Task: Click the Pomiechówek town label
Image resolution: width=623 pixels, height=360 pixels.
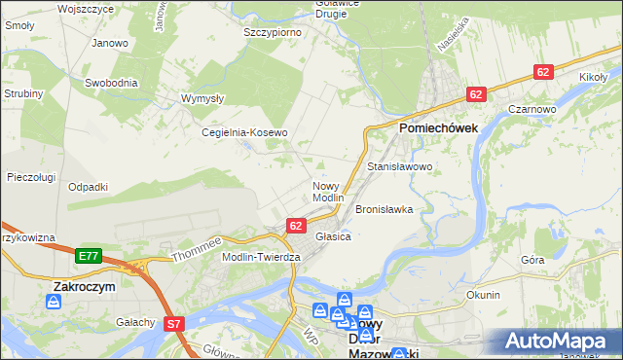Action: (436, 126)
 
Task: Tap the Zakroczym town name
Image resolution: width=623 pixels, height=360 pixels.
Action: (84, 287)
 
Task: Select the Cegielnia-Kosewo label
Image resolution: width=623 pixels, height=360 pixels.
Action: (244, 132)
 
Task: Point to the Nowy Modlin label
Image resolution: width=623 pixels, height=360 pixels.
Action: (328, 191)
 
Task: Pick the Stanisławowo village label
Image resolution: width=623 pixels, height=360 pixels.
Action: (399, 166)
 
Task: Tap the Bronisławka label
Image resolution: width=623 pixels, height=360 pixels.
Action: (385, 209)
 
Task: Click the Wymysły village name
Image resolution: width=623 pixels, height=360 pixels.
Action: (204, 98)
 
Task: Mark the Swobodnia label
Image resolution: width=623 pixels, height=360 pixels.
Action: (109, 83)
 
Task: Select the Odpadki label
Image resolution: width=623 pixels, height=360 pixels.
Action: (88, 186)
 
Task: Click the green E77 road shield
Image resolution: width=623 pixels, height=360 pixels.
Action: (89, 256)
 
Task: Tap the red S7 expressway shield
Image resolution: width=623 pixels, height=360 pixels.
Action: (174, 324)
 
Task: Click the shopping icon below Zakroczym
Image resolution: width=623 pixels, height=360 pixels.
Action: (54, 303)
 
